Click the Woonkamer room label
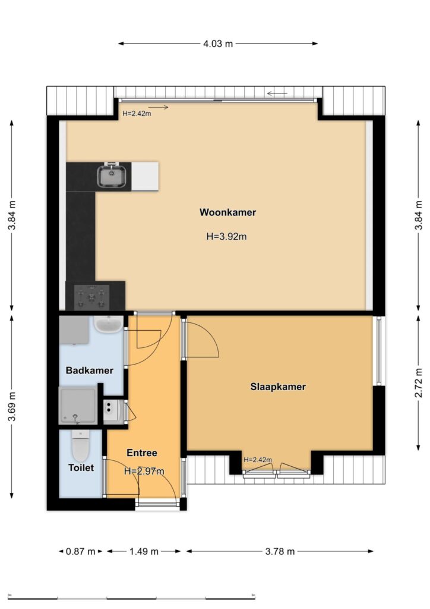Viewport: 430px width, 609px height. coord(227,212)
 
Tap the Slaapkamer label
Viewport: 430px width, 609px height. coord(278,387)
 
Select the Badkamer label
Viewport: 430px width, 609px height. coord(90,371)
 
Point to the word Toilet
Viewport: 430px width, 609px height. coord(81,467)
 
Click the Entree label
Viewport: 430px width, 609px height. coord(142,453)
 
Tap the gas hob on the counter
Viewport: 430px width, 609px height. coord(91,297)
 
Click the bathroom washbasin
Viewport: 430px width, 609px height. coord(109,325)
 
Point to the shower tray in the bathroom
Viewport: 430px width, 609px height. coord(78,406)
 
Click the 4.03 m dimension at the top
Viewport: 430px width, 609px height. coord(218,43)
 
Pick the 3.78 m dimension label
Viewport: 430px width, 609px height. coord(280,551)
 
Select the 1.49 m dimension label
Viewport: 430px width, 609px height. coord(144,551)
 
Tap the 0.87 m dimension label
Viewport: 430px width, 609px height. coord(80,551)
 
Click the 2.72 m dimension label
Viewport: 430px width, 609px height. coord(418,382)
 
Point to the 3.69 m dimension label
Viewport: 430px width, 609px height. coord(12,406)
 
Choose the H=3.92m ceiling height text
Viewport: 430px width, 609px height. coord(226,237)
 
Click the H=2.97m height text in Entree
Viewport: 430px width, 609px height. coord(144,472)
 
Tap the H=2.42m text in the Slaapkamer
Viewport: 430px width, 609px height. coord(258,460)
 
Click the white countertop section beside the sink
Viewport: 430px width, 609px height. coord(145,176)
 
